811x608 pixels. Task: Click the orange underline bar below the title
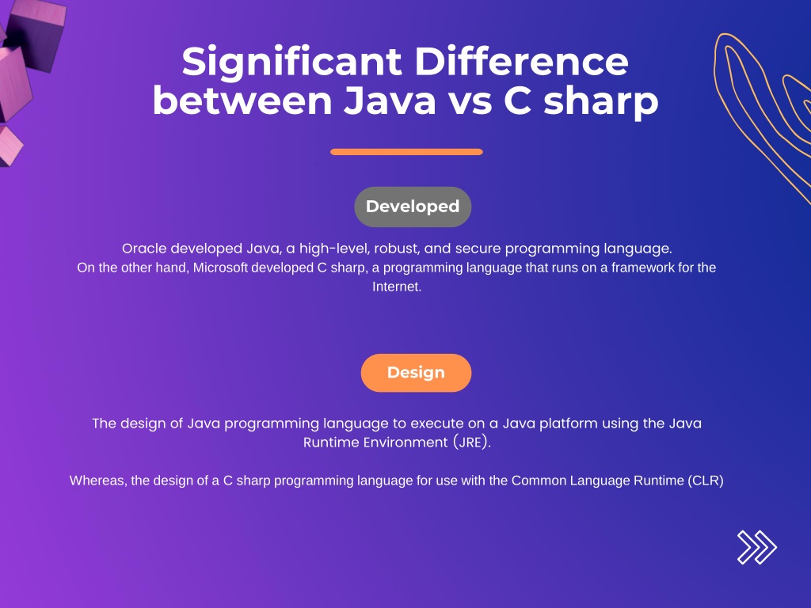[406, 152]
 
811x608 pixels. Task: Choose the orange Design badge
[416, 373]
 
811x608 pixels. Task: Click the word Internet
[395, 287]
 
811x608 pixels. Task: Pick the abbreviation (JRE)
[473, 443]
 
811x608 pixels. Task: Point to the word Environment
[402, 443]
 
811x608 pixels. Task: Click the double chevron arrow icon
[756, 547]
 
